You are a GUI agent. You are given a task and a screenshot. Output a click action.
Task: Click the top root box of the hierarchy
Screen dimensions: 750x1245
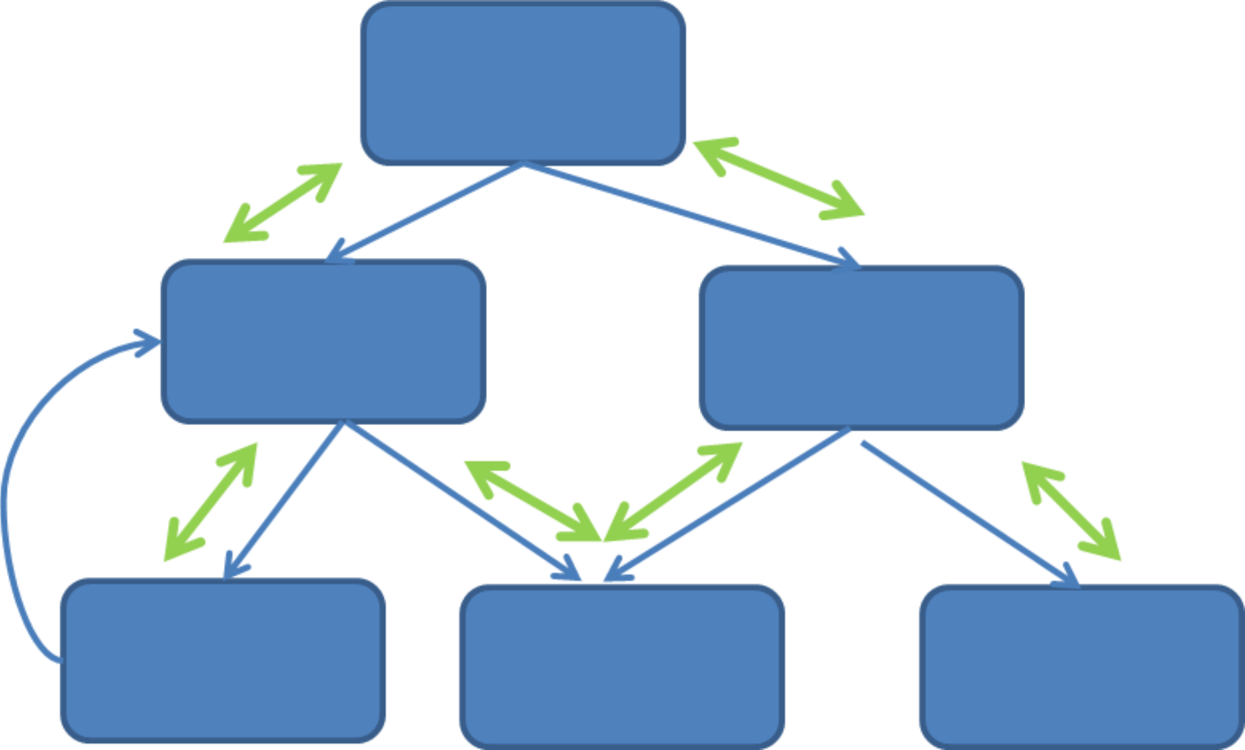coord(523,83)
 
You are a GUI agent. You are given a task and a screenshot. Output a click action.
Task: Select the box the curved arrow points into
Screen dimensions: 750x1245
coord(323,341)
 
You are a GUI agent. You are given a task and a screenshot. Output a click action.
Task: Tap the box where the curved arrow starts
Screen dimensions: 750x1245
coord(223,660)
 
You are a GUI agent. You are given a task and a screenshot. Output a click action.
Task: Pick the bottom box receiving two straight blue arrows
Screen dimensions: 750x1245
coord(622,666)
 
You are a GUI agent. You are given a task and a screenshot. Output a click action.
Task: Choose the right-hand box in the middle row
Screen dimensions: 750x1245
coord(861,347)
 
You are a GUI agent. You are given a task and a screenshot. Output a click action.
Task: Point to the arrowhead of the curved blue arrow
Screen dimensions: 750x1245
coord(149,342)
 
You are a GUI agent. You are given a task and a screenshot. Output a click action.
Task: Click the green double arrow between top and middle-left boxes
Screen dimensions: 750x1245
coord(283,203)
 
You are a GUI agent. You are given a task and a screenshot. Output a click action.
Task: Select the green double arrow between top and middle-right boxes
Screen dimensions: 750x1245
coord(779,178)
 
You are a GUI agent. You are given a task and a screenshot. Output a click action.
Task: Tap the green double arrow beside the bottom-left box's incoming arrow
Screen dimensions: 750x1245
coord(210,503)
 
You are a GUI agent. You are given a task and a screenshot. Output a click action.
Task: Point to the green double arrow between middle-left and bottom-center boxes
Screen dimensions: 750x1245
coord(529,499)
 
